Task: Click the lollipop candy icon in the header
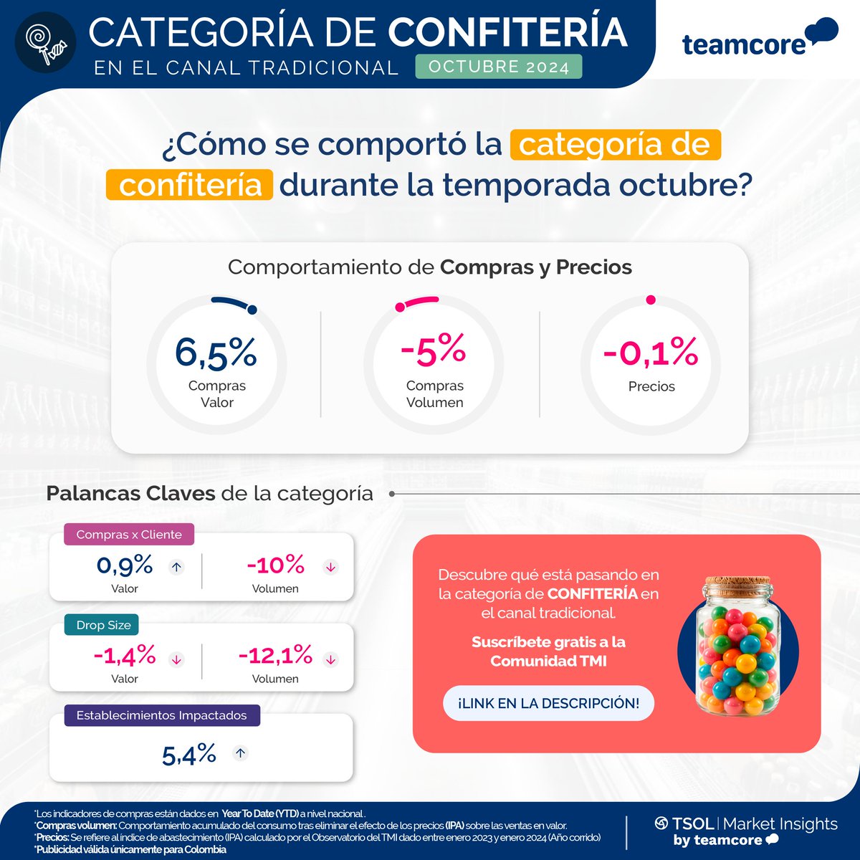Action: pyautogui.click(x=46, y=44)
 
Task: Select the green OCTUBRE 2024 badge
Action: pyautogui.click(x=499, y=67)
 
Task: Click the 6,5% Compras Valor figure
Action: pyautogui.click(x=216, y=353)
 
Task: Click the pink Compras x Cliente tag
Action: pyautogui.click(x=129, y=535)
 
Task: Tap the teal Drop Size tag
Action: pyautogui.click(x=103, y=625)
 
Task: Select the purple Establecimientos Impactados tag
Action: pyautogui.click(x=161, y=715)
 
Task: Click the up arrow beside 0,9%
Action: pyautogui.click(x=176, y=567)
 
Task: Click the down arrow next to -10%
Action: pyautogui.click(x=330, y=567)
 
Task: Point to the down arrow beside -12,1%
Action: pyautogui.click(x=330, y=659)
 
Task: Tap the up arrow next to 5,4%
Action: pyautogui.click(x=241, y=753)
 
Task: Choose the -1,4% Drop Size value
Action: pyautogui.click(x=125, y=655)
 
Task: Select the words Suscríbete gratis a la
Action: pyautogui.click(x=548, y=642)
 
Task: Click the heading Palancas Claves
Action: pyautogui.click(x=130, y=494)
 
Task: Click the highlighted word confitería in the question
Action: pyautogui.click(x=189, y=185)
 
